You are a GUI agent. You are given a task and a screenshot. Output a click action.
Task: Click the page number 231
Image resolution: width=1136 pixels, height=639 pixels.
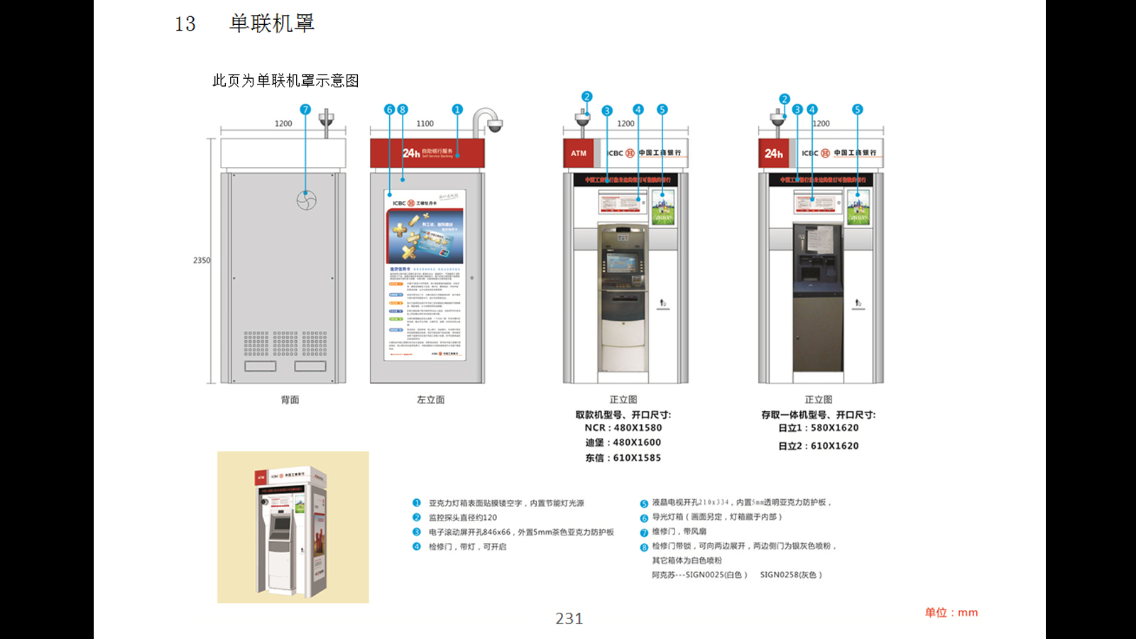click(569, 618)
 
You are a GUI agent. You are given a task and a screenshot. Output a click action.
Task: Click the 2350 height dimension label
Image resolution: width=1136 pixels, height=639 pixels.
click(202, 261)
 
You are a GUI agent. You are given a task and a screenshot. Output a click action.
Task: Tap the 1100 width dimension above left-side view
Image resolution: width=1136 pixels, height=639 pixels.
click(425, 124)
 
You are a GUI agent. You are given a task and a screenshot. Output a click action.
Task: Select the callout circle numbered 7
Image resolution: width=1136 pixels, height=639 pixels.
click(305, 109)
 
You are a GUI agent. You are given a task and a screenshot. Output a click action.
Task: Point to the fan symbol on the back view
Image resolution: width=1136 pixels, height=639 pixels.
click(306, 200)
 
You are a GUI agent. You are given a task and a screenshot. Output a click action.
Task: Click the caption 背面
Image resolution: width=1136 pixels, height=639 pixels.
click(290, 400)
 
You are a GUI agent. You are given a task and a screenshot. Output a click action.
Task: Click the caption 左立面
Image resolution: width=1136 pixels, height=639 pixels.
click(430, 400)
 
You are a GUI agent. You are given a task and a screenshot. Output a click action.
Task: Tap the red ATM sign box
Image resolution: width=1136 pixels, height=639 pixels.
click(579, 153)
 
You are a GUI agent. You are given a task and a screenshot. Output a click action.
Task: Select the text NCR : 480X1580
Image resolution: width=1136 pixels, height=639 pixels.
click(623, 428)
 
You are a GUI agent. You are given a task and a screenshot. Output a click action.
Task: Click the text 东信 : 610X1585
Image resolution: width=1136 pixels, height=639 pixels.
click(623, 458)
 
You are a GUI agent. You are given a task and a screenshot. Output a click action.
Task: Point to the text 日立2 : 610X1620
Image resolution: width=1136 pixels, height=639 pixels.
click(818, 446)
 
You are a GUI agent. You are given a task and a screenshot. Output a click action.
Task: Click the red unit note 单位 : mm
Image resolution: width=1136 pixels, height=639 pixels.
click(951, 612)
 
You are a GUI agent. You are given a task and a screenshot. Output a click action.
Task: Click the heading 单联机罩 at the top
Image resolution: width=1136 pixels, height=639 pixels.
click(271, 23)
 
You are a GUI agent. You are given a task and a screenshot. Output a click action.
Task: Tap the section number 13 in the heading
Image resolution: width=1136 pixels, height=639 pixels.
click(185, 24)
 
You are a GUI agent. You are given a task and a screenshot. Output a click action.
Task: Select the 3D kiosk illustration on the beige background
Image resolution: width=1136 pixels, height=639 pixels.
click(293, 527)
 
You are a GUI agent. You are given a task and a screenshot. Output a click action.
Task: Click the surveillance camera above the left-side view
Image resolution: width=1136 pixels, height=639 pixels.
click(492, 124)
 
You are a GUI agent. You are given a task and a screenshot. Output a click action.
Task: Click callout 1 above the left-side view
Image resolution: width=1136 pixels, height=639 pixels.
click(457, 109)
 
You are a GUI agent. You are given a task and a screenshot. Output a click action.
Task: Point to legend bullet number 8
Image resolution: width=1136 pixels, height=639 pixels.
click(644, 547)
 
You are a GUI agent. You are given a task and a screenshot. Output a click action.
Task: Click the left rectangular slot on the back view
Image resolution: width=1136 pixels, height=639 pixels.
click(260, 366)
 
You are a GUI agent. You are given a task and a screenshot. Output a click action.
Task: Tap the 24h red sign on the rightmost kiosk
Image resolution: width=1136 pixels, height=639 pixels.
click(773, 153)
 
